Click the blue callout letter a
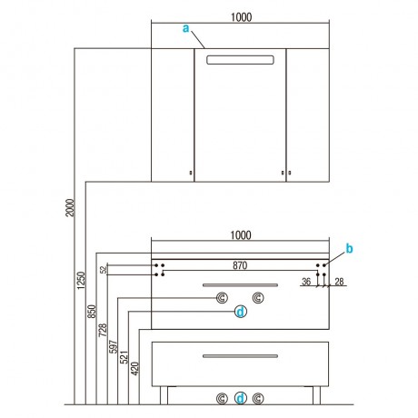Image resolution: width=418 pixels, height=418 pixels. (185, 28)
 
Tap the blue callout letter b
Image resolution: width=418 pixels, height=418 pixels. (349, 249)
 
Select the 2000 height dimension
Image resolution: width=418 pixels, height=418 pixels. (70, 207)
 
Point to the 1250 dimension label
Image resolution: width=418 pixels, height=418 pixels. (81, 280)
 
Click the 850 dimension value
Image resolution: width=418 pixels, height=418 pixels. (92, 312)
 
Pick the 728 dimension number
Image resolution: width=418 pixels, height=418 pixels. (103, 330)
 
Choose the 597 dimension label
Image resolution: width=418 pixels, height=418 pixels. (113, 347)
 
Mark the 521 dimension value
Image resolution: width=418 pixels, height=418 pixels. (124, 357)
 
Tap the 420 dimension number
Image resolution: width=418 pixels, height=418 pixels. (134, 369)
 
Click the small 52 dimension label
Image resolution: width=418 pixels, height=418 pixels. (104, 270)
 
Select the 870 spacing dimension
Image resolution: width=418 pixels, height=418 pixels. (240, 265)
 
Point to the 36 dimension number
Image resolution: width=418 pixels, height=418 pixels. (306, 282)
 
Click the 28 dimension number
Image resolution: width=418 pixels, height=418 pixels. (339, 282)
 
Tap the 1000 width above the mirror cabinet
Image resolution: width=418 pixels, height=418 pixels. (241, 17)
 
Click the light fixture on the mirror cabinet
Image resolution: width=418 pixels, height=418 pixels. (240, 60)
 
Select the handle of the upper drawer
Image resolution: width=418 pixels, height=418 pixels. (240, 285)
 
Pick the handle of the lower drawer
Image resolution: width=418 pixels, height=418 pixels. (240, 356)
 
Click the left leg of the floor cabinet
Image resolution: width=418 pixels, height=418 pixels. (164, 395)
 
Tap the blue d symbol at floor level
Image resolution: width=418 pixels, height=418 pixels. (241, 398)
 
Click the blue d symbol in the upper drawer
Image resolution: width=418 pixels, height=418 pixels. (241, 312)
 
